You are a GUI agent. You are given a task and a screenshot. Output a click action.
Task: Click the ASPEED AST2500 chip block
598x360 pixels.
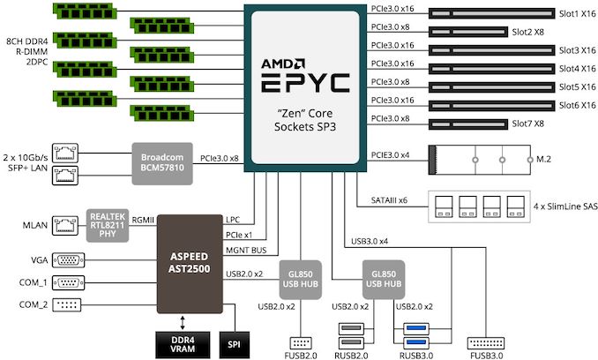click(x=190, y=264)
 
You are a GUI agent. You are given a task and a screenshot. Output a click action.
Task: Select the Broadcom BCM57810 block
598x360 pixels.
click(x=162, y=163)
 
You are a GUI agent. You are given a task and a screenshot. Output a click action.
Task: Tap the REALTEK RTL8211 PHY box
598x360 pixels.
click(x=108, y=225)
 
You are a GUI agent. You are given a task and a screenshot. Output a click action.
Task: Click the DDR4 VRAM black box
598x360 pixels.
click(x=183, y=344)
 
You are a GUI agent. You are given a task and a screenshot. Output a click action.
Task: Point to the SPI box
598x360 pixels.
click(x=234, y=344)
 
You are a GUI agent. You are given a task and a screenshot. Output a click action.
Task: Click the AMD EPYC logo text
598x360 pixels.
click(x=305, y=76)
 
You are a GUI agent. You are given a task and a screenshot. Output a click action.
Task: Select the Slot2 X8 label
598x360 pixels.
click(x=527, y=32)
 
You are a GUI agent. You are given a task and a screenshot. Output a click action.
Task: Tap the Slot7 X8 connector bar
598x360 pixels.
click(x=468, y=124)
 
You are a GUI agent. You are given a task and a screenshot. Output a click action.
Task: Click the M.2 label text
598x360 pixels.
click(x=543, y=159)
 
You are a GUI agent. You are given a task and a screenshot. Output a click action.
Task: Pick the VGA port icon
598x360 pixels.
click(x=68, y=260)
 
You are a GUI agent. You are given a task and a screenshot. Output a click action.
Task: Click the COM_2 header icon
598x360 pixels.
click(x=67, y=304)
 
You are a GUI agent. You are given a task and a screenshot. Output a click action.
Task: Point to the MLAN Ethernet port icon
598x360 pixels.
click(x=65, y=225)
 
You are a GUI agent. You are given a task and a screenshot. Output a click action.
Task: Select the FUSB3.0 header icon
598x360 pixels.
click(x=486, y=343)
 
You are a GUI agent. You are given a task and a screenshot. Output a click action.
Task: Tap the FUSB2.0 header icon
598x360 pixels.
click(x=301, y=343)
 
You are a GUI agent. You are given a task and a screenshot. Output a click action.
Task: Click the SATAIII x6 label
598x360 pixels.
click(x=389, y=200)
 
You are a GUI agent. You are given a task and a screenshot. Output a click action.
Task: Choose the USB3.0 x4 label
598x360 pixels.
click(x=370, y=241)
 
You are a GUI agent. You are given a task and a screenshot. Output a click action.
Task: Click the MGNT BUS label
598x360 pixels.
click(x=246, y=251)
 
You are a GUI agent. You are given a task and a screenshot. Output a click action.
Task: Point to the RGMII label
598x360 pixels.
click(x=143, y=220)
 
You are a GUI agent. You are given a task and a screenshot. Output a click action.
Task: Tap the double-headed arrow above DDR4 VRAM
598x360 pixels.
click(x=183, y=322)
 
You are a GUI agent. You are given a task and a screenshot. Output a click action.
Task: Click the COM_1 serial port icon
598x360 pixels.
click(x=68, y=282)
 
